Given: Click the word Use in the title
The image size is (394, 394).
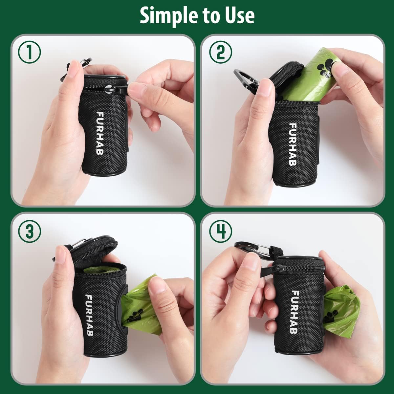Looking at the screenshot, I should pyautogui.click(x=239, y=15).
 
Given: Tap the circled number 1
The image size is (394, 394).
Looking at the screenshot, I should pyautogui.click(x=30, y=53).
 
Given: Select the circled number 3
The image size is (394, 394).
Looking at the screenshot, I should pyautogui.click(x=30, y=231).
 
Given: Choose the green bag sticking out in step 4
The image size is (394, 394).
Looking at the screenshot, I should pyautogui.click(x=341, y=309).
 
